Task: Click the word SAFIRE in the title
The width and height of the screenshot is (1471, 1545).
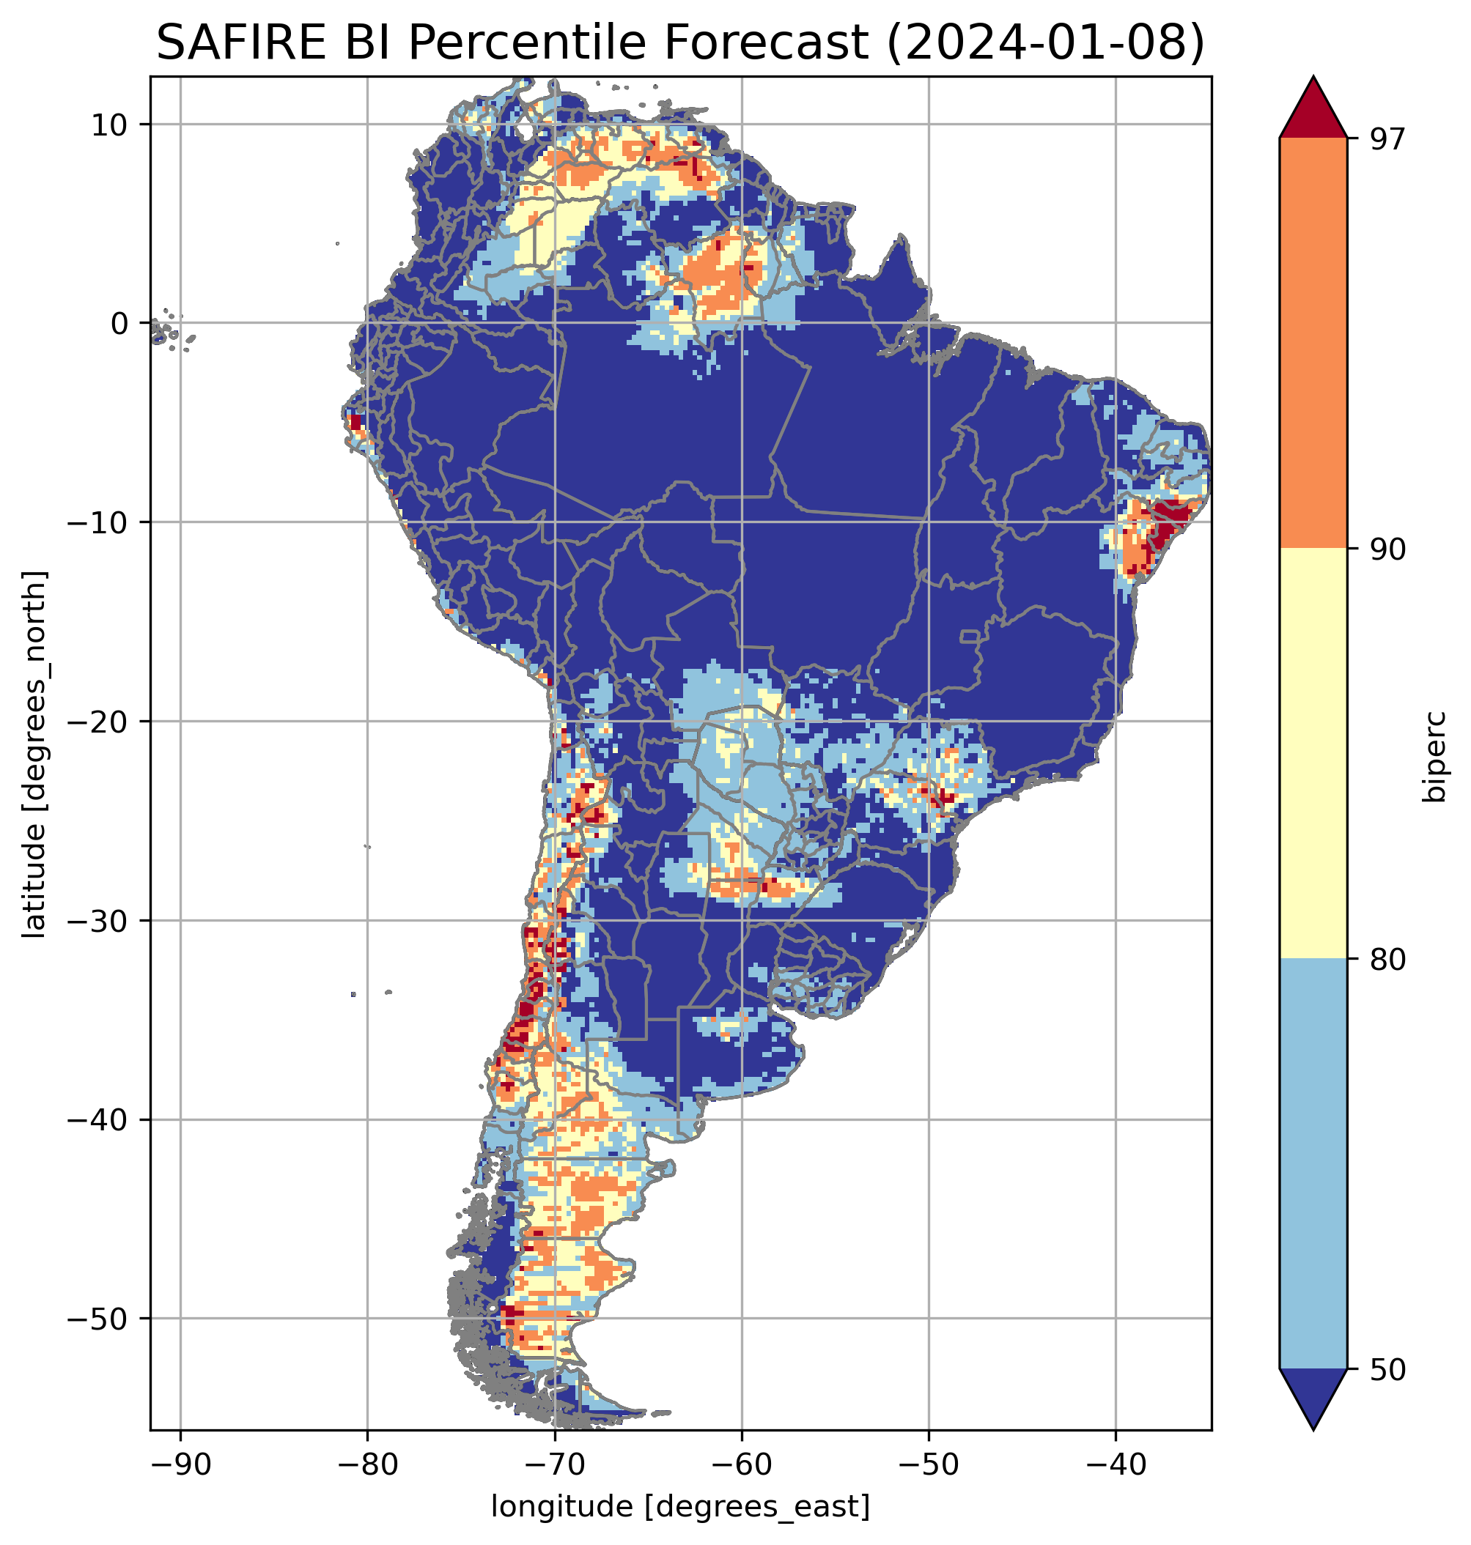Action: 237,43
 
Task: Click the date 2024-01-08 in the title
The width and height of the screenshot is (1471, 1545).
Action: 1044,43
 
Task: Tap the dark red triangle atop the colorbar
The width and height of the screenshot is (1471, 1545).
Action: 1313,110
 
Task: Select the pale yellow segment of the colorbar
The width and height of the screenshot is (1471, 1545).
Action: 1313,753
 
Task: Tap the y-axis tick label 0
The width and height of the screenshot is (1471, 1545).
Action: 119,323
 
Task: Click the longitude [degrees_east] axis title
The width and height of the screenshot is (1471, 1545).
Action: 681,1505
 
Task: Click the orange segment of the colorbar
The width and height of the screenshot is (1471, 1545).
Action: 1313,343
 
